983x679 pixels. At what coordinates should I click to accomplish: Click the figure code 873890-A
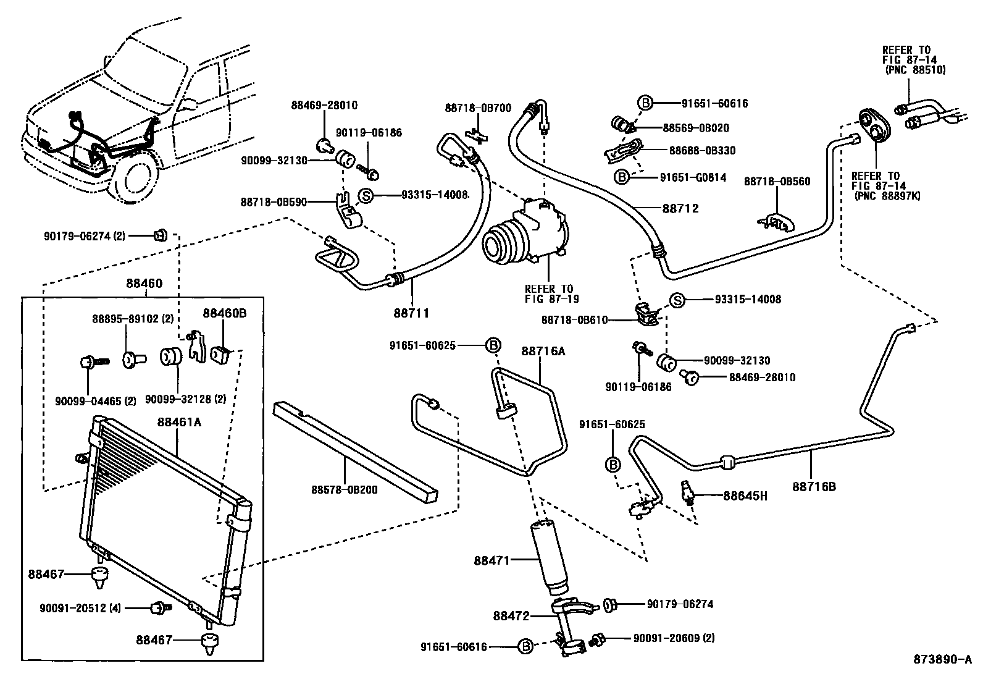point(942,659)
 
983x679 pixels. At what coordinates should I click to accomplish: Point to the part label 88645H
point(745,496)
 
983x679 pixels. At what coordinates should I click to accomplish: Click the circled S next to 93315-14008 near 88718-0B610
point(677,300)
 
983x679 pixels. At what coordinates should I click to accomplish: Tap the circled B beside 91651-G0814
point(622,178)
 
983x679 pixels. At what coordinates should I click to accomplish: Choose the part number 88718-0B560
point(777,182)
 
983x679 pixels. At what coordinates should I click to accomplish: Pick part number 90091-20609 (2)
point(674,638)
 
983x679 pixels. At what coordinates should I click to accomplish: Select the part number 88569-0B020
point(695,128)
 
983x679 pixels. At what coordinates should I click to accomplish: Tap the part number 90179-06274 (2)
point(85,235)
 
